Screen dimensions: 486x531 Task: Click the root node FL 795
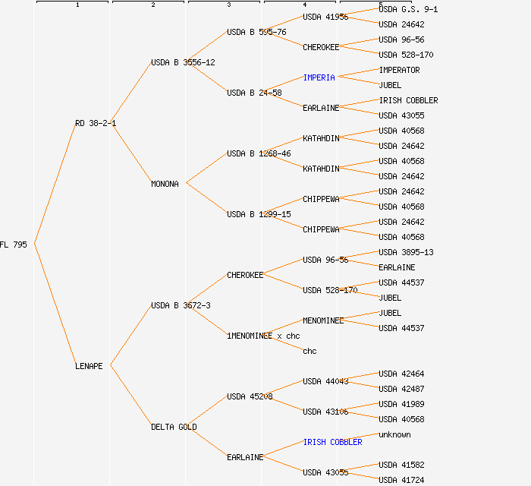14,245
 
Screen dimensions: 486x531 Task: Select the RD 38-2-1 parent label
96,123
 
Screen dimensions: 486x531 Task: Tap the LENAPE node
89,366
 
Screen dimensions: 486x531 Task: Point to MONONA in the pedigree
165,184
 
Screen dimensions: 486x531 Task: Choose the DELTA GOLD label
174,427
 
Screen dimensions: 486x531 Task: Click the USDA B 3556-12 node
183,62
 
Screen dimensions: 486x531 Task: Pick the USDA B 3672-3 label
181,305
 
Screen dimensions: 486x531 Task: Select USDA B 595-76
256,32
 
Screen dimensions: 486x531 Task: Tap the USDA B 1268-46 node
259,153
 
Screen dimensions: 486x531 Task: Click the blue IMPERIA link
319,77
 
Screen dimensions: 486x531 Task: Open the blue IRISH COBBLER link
332,442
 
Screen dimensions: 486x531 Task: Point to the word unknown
394,434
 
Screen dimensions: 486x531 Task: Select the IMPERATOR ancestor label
399,70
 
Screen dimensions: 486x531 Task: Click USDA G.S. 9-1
408,9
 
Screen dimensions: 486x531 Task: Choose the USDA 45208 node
250,396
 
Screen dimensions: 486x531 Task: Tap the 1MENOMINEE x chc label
263,336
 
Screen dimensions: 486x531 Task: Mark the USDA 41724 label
401,480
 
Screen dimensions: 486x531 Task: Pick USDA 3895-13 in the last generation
406,252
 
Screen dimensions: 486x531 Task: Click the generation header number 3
228,5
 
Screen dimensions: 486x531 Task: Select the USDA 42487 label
401,389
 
